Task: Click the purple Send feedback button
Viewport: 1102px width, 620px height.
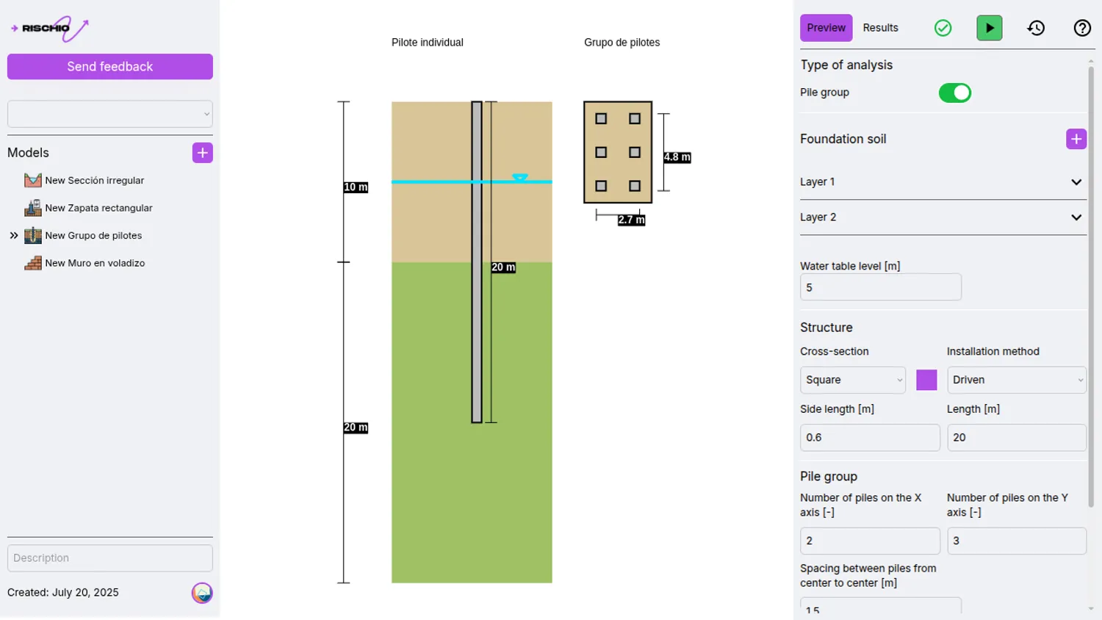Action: [x=110, y=67]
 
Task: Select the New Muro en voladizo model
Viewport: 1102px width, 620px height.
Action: [x=94, y=263]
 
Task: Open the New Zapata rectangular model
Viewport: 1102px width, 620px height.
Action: [x=98, y=208]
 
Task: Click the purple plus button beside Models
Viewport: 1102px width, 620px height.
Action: [x=202, y=153]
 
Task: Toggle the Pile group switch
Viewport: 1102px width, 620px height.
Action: [x=954, y=93]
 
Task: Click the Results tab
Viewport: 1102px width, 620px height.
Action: [x=880, y=28]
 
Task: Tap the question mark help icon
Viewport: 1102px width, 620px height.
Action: [x=1081, y=28]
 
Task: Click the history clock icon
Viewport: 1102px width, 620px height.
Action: [x=1036, y=28]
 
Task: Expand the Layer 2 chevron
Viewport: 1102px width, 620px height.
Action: [x=1076, y=217]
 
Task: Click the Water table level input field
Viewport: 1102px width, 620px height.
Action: [x=880, y=287]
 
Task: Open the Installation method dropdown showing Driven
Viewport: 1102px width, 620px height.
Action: [x=1016, y=380]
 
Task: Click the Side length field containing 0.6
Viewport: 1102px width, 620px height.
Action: [x=869, y=437]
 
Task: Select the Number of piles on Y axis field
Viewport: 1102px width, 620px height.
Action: [x=1016, y=541]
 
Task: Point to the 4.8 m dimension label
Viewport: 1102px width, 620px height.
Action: [x=677, y=157]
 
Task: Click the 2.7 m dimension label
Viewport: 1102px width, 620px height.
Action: [x=631, y=220]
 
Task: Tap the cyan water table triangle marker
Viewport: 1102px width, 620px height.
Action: [x=520, y=178]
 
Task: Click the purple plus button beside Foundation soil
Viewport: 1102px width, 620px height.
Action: [x=1076, y=139]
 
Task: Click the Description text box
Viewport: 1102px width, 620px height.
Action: [x=110, y=558]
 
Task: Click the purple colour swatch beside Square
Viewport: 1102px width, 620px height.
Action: [x=926, y=380]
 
